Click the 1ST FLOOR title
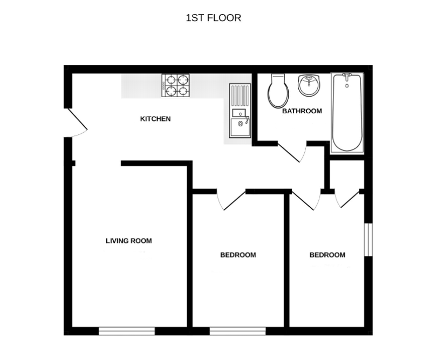(213, 18)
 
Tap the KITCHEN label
(155, 119)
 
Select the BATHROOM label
(302, 111)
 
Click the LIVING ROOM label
(128, 241)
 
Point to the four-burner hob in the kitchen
(176, 85)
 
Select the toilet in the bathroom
(278, 91)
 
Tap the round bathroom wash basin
(309, 85)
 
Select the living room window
(127, 331)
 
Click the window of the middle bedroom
(237, 331)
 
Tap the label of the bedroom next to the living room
(237, 255)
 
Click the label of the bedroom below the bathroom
(327, 255)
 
